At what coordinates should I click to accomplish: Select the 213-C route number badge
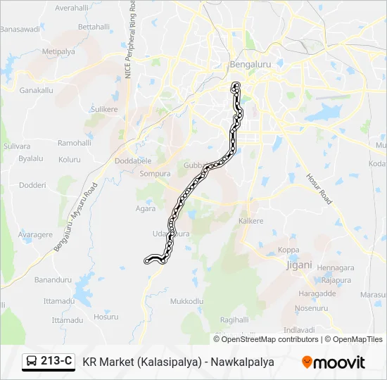click(x=49, y=362)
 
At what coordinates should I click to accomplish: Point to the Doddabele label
click(x=133, y=160)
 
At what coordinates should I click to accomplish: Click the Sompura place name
click(x=155, y=173)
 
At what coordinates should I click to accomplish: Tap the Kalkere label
click(x=251, y=221)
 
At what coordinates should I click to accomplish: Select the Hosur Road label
click(x=319, y=190)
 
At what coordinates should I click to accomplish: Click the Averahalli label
click(x=71, y=8)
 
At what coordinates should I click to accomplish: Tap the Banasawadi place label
click(x=18, y=30)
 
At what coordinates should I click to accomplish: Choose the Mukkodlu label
click(x=186, y=300)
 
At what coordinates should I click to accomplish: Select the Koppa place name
click(x=288, y=250)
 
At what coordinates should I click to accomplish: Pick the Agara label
click(x=146, y=208)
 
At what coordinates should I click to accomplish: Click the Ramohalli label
click(x=75, y=143)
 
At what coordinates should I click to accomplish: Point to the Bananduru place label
click(x=53, y=279)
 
